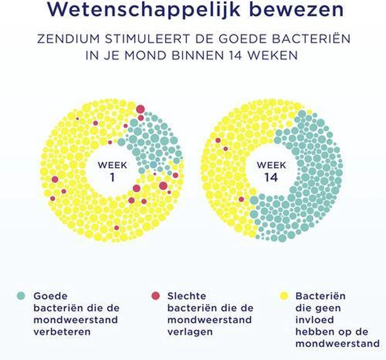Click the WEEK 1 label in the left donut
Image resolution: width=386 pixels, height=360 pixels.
point(112,171)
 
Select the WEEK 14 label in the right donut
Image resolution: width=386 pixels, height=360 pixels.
point(271,171)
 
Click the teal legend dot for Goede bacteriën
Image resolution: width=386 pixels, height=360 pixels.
point(21,296)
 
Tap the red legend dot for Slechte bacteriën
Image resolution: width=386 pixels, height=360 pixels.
point(156,296)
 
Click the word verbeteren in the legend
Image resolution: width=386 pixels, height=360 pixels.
point(62,332)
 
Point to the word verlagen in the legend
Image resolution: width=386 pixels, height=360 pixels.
point(190,332)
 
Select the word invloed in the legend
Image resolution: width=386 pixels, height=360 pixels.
point(310,320)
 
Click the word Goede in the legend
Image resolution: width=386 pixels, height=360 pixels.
point(51,296)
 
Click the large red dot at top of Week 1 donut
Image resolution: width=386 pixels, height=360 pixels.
point(140,109)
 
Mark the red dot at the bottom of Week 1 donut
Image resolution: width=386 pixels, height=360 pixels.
point(116,228)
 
